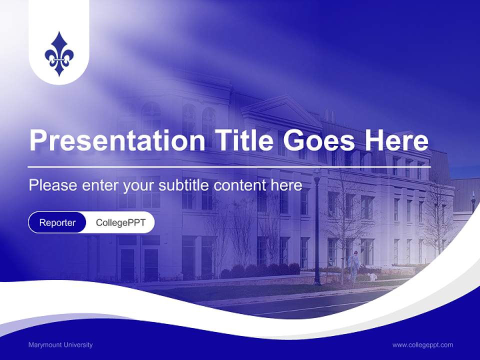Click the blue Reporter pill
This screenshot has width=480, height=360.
(57, 222)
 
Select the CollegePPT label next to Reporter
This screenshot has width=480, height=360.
(120, 222)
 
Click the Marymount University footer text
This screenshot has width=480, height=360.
(60, 345)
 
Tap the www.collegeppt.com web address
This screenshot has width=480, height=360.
(422, 345)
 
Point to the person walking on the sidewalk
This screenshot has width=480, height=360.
(354, 265)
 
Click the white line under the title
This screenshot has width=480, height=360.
(229, 166)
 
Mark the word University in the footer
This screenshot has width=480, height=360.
(76, 345)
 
